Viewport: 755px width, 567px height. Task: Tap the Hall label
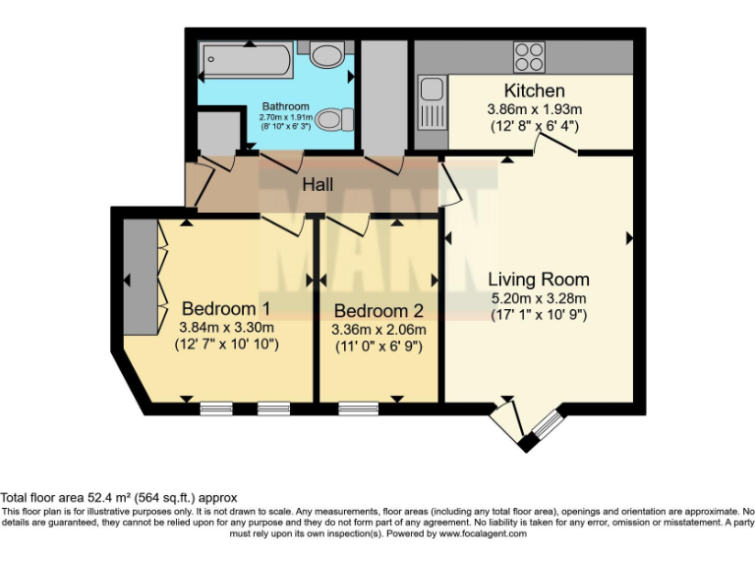click(x=317, y=184)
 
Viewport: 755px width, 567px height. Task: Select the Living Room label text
click(x=539, y=279)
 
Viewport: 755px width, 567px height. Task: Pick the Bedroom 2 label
click(x=378, y=310)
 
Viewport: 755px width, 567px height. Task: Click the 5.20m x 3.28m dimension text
click(x=539, y=298)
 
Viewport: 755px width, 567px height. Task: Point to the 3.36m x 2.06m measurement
click(x=378, y=329)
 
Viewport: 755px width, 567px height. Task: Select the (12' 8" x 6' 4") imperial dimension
click(x=534, y=126)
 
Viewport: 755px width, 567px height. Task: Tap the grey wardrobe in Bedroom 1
click(x=141, y=277)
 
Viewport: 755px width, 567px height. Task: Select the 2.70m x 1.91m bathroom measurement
click(x=285, y=117)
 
